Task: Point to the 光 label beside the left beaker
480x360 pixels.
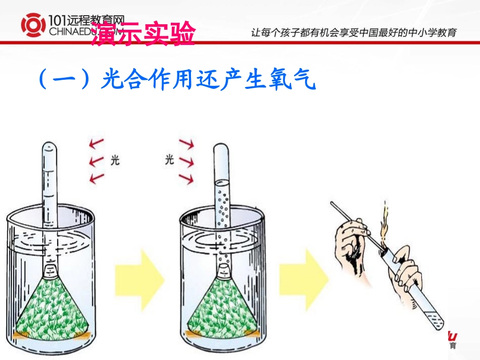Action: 115,161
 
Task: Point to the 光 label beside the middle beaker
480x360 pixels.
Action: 169,160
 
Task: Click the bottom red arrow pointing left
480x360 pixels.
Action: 95,177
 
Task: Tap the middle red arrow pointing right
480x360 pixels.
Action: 187,162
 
